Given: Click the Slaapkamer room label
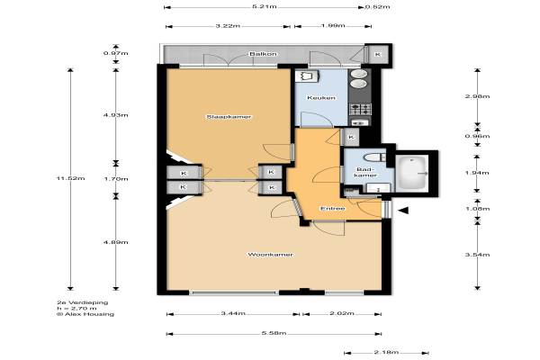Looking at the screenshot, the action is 229,117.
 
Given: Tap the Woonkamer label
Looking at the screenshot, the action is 271,255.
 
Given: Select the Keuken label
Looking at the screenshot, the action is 321,98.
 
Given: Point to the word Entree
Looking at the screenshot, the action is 333,209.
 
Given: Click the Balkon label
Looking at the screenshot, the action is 263,54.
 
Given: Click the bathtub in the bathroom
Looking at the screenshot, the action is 412,173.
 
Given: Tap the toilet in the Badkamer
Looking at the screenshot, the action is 375,157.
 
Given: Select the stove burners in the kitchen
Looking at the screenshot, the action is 360,109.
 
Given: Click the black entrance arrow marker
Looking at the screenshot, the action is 403,210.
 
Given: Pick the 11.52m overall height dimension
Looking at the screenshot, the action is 70,178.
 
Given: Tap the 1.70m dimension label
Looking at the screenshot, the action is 116,179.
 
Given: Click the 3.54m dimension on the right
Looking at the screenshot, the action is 477,255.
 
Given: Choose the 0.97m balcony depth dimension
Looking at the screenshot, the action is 116,53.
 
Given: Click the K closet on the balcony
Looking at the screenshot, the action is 378,54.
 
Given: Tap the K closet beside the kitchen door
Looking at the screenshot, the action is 351,137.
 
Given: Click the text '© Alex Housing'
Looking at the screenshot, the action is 85,314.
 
